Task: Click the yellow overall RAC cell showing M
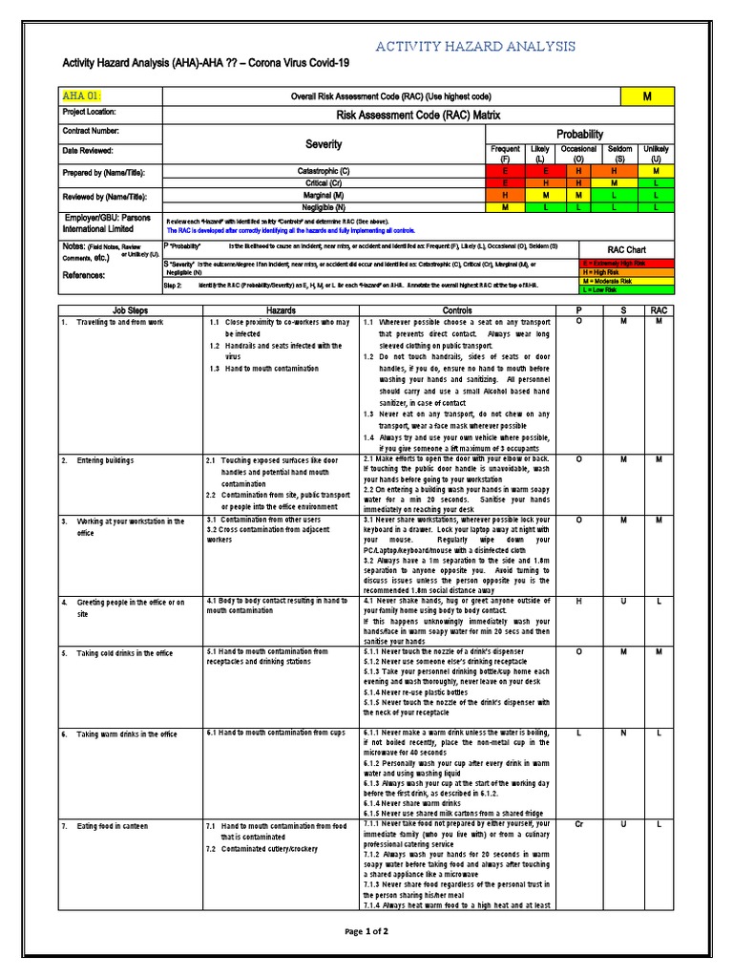pos(647,96)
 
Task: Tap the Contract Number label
pos(91,130)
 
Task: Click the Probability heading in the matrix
pos(580,135)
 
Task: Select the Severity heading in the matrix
pos(324,144)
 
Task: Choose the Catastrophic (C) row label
pos(325,171)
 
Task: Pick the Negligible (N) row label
pos(325,206)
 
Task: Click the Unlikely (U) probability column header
pos(657,154)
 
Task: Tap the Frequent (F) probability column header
pos(505,154)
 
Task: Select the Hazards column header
pos(281,310)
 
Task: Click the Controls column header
pos(457,310)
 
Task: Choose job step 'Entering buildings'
pos(108,460)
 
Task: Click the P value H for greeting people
pos(577,602)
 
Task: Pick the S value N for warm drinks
pos(621,733)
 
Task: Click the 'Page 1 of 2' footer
pos(366,931)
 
